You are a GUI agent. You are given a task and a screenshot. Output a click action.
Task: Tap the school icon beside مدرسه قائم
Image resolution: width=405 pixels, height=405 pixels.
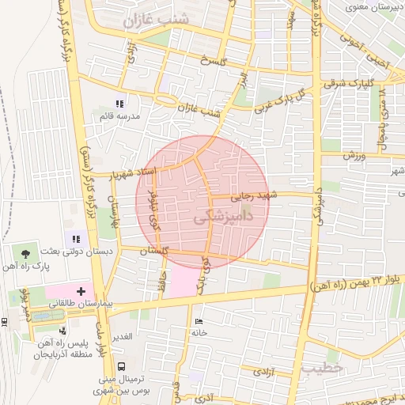coord(120,104)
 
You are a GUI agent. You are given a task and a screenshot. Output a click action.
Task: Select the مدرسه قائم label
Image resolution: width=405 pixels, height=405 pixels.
coord(119,117)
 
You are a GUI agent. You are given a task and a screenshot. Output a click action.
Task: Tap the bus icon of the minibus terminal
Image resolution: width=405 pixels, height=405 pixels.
coord(121,367)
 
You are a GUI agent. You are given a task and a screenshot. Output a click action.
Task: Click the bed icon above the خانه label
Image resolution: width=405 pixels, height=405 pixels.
coord(198,321)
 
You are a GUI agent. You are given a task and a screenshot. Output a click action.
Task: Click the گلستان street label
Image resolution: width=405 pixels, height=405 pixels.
coord(154,250)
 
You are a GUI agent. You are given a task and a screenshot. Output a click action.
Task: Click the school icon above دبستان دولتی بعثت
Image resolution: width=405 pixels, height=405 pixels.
coord(76,238)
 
